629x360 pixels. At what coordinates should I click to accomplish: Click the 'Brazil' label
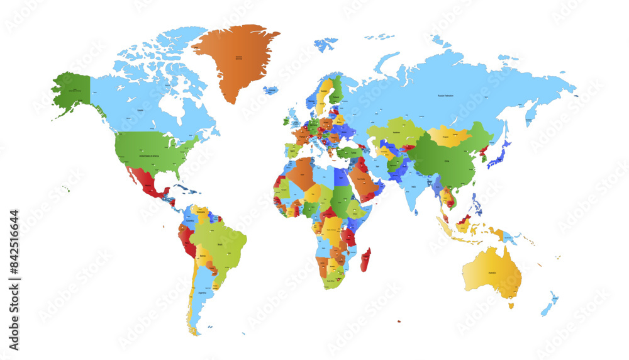pyautogui.click(x=220, y=244)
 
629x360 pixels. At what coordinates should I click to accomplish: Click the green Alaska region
pyautogui.click(x=71, y=91)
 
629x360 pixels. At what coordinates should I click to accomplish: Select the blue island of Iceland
pyautogui.click(x=271, y=91)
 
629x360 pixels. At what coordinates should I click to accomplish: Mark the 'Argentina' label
pyautogui.click(x=202, y=293)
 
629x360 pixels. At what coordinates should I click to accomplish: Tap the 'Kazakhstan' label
pyautogui.click(x=397, y=133)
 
